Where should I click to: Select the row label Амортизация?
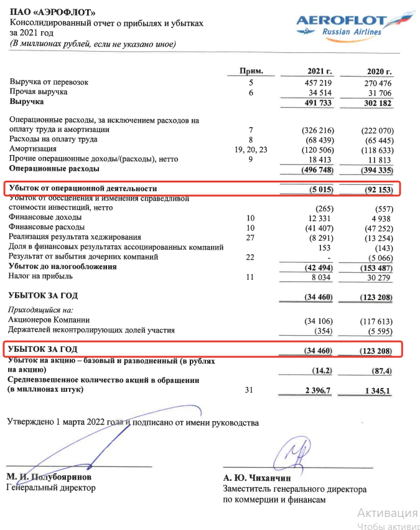click(x=33, y=149)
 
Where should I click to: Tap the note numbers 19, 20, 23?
click(x=252, y=149)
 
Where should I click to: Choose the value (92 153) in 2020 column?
click(x=378, y=188)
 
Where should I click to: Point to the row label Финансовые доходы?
click(x=45, y=218)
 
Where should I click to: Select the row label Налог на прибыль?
click(x=41, y=276)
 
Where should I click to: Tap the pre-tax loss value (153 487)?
click(x=376, y=267)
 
